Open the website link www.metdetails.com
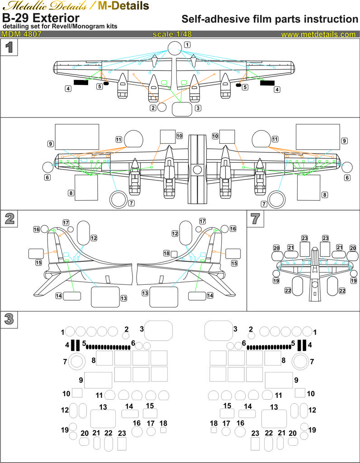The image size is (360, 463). (x=318, y=34)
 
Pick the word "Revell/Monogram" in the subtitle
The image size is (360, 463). (x=81, y=27)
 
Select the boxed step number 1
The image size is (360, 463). (x=9, y=47)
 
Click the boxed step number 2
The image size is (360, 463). (x=9, y=219)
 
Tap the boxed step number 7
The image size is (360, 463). (x=256, y=219)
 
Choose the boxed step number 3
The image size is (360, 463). (x=9, y=319)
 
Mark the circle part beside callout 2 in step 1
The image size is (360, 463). (x=161, y=108)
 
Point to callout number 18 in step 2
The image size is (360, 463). (x=166, y=254)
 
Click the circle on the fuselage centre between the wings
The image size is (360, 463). (x=197, y=170)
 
